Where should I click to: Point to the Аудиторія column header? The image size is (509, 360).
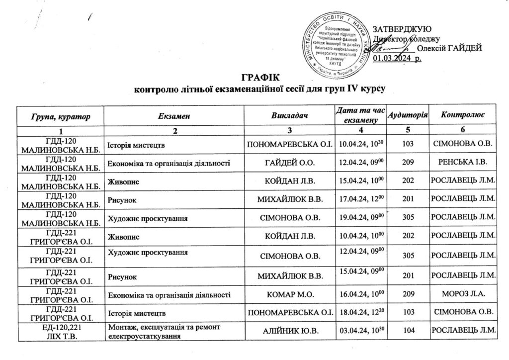pos(408,115)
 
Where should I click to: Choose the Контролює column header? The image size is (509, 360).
pos(462,116)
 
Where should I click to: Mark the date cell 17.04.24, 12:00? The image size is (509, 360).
pos(361,200)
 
